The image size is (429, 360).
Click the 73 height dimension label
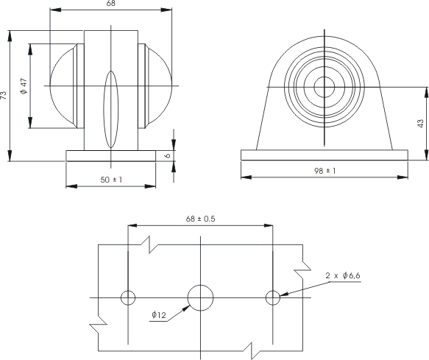[4, 95]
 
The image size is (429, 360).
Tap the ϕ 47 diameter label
[24, 86]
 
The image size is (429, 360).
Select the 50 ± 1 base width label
[111, 180]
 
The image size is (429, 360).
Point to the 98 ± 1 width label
[325, 171]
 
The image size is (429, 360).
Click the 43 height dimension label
[420, 123]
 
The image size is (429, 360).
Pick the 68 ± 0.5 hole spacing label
[201, 219]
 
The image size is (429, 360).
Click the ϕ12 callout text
[159, 315]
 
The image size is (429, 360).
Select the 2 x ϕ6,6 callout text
[343, 275]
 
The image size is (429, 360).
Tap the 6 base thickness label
[168, 155]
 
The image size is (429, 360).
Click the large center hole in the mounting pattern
[201, 298]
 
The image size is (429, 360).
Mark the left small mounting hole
[128, 298]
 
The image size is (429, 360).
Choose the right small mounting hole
[273, 298]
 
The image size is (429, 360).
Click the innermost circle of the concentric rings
[325, 87]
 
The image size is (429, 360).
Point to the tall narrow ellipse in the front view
[111, 110]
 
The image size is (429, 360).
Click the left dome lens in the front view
[63, 86]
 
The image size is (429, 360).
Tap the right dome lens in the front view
[160, 86]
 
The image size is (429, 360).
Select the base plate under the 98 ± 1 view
[325, 155]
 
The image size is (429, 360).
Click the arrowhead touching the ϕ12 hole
[187, 308]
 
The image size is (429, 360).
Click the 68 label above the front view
[111, 3]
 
